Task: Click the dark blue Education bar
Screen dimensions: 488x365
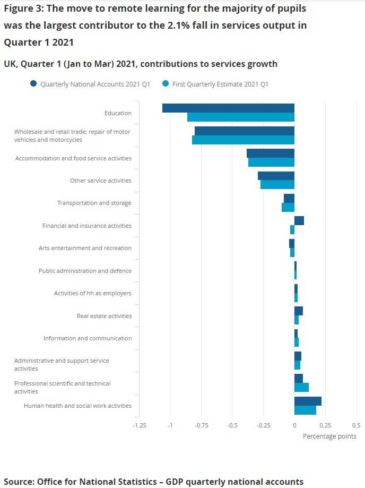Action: coord(228,108)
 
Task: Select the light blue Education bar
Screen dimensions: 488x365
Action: coord(241,117)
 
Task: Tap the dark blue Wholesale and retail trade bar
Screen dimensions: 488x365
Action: coord(245,131)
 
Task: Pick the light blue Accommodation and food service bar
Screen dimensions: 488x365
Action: coord(271,162)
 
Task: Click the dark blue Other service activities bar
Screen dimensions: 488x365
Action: coord(276,176)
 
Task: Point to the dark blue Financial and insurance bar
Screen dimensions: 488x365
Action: coord(299,221)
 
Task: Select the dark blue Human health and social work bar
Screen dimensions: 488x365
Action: coord(308,401)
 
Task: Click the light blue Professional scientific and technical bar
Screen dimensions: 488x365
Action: coord(301,387)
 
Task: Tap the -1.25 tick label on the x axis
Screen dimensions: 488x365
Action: coord(139,425)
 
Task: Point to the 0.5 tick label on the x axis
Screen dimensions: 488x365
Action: coord(356,425)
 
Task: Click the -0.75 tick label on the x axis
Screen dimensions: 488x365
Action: coord(201,425)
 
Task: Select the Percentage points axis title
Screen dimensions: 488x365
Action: coord(329,436)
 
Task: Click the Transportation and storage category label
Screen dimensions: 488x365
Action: coord(94,203)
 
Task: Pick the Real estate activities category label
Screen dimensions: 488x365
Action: coord(104,316)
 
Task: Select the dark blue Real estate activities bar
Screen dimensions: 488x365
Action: coord(299,311)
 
